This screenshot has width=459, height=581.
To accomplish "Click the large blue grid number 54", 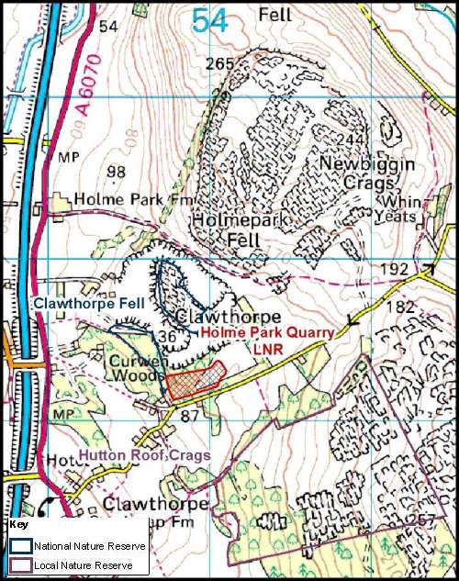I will click(x=210, y=20).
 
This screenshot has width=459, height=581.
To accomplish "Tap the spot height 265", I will click(x=220, y=63).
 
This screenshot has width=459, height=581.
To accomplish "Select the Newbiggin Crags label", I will click(x=366, y=173).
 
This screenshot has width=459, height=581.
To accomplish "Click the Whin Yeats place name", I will click(x=396, y=208).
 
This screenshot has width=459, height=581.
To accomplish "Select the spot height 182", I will click(x=399, y=307).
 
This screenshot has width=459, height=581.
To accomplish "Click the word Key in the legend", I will click(x=18, y=525).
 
